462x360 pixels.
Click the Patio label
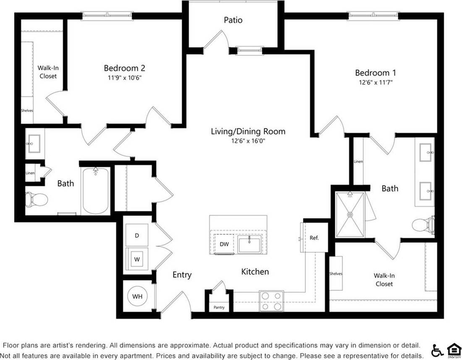coord(233,20)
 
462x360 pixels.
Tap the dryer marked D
coord(137,236)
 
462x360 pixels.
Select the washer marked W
coord(137,259)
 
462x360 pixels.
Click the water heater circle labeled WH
coord(138,297)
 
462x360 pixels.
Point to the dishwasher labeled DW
coord(224,244)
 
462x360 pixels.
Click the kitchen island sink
coord(249,244)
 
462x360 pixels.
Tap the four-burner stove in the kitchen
coord(271,301)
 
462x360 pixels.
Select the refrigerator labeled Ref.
coord(314,238)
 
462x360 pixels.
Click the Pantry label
coord(219,307)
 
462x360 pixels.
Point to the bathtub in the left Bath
coord(96,191)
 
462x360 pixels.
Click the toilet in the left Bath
coord(35,199)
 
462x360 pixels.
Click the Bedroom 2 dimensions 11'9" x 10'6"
coord(124,77)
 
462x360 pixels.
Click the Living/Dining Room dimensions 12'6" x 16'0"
coord(248,141)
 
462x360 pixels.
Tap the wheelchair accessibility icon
coord(437,350)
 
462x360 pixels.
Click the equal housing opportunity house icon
coord(453,350)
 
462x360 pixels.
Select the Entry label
coord(182,275)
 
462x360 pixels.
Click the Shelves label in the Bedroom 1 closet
coord(336,274)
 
